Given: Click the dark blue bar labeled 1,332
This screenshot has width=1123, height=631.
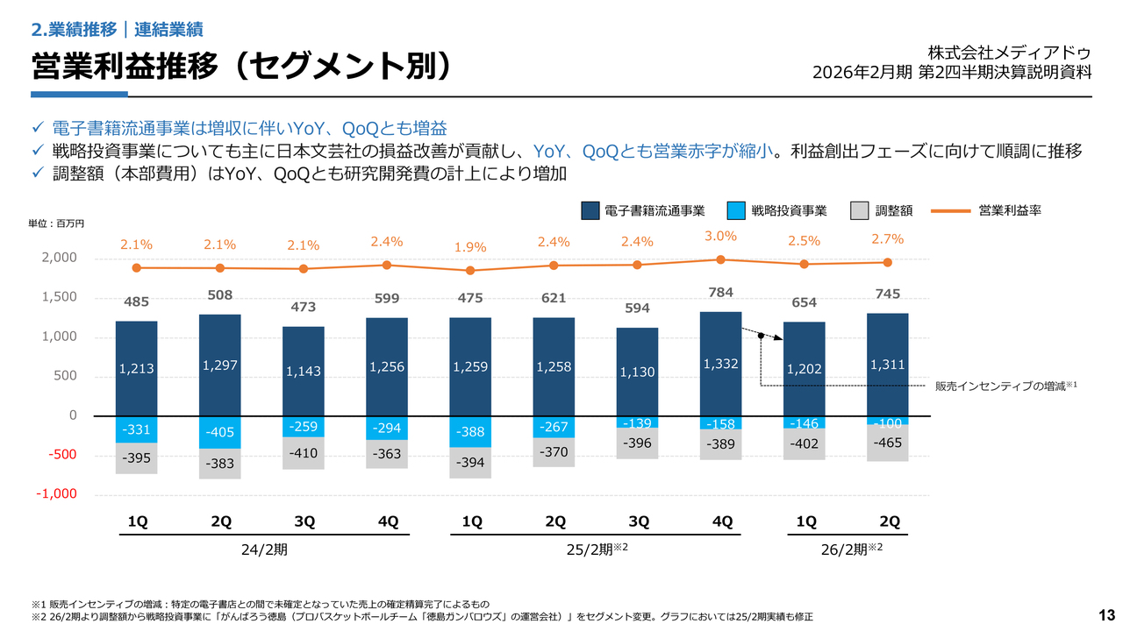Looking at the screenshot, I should pyautogui.click(x=721, y=364).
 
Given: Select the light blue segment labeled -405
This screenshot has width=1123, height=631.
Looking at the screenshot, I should pyautogui.click(x=220, y=432).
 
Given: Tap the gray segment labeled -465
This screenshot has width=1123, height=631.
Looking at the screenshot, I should pyautogui.click(x=887, y=443).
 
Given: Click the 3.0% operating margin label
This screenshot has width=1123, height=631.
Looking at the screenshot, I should pyautogui.click(x=721, y=236).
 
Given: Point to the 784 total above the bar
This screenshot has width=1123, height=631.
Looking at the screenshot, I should pyautogui.click(x=721, y=292).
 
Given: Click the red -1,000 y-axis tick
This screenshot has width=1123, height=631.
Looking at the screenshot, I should pyautogui.click(x=56, y=494).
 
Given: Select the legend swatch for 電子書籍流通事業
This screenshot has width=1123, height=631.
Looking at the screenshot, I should pyautogui.click(x=590, y=210).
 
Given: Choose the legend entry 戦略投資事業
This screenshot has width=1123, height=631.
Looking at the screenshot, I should pyautogui.click(x=789, y=210).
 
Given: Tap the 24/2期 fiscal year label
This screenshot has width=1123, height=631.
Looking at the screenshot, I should pyautogui.click(x=263, y=550).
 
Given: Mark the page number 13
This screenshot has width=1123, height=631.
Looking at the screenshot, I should pyautogui.click(x=1105, y=613).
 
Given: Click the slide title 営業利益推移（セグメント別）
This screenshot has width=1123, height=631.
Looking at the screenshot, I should pyautogui.click(x=242, y=67).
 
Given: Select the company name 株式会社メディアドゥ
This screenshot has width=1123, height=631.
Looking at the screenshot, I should pyautogui.click(x=1009, y=52).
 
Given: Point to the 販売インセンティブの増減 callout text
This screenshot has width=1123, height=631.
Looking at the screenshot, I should pyautogui.click(x=1005, y=386).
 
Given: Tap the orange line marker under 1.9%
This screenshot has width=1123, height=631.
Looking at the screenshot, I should pyautogui.click(x=470, y=271).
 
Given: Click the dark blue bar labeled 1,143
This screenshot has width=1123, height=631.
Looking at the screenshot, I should pyautogui.click(x=304, y=372).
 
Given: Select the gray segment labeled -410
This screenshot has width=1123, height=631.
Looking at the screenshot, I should pyautogui.click(x=304, y=453).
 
